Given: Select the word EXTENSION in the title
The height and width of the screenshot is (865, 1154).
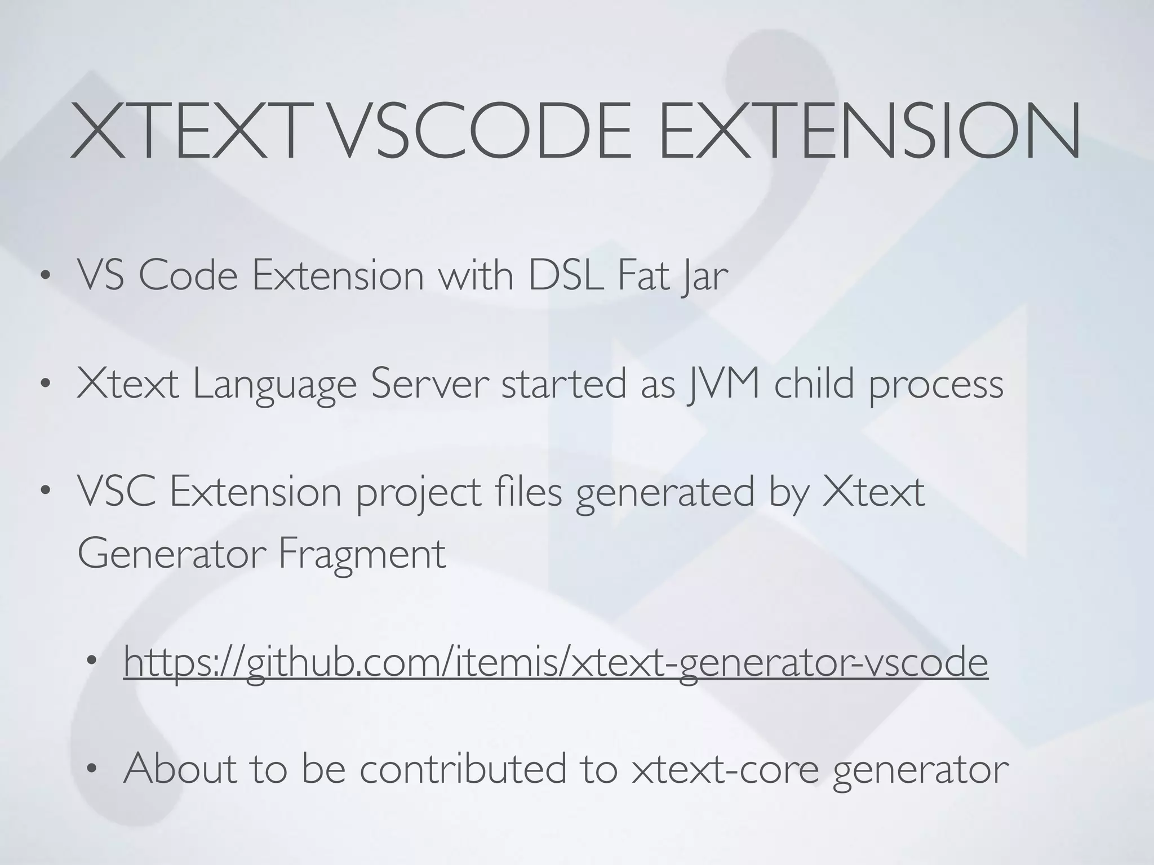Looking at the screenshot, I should click(x=868, y=131).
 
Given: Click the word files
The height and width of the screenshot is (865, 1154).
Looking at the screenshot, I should click(x=529, y=492).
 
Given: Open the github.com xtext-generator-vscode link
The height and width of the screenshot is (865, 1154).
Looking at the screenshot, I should click(x=556, y=662).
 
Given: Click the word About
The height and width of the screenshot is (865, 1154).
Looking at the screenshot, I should click(x=180, y=768).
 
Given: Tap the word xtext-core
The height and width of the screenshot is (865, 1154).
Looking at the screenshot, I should click(x=725, y=769).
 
